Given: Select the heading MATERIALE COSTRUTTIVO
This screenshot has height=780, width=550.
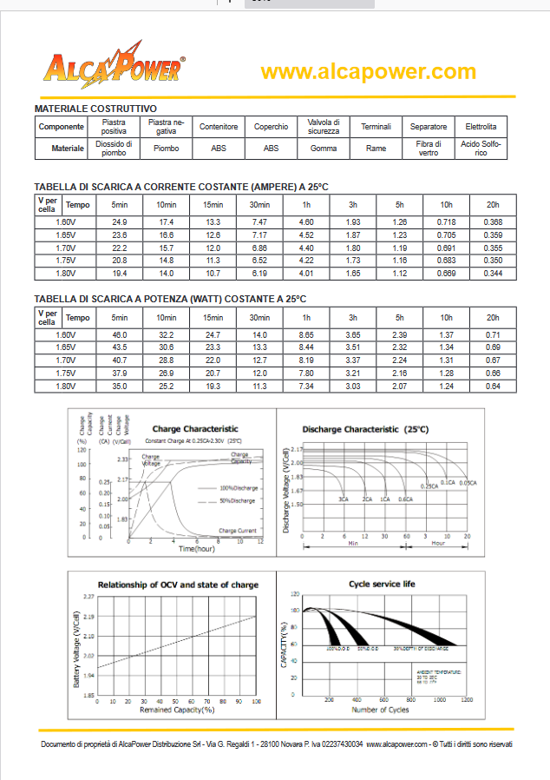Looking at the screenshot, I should coord(95,109).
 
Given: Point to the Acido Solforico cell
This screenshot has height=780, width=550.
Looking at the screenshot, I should coord(481,149).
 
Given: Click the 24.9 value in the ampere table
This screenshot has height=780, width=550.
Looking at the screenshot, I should coord(120,223).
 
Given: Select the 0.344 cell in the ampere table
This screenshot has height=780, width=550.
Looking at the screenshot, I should coord(492,274).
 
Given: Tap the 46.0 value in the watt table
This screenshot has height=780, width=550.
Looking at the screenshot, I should coord(120,335).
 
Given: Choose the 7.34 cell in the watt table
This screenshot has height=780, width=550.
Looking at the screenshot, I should coord(305,386).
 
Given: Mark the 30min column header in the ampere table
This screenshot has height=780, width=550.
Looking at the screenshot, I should coord(259,205).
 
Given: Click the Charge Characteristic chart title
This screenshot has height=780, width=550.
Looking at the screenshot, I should coord(194,428).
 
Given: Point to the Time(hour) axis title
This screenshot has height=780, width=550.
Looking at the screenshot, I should coord(196,549).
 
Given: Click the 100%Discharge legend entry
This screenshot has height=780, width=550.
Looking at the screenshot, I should coord(238,487).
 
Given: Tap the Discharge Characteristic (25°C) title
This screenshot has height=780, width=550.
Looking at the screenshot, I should coord(364,429).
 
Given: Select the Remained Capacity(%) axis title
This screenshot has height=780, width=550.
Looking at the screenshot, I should coord(177,710).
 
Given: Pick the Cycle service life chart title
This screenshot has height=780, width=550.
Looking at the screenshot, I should coord(381,584).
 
